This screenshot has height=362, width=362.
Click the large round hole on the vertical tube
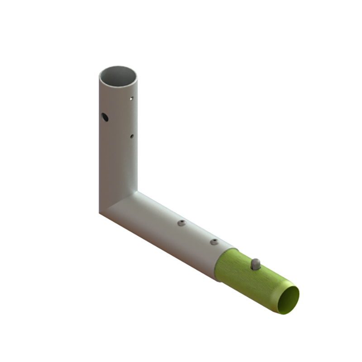pyautogui.click(x=105, y=117)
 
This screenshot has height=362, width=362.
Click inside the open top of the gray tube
pyautogui.click(x=118, y=75)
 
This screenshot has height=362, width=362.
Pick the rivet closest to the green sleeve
pyautogui.click(x=214, y=242)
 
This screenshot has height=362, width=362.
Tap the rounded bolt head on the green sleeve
pyautogui.click(x=256, y=264)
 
